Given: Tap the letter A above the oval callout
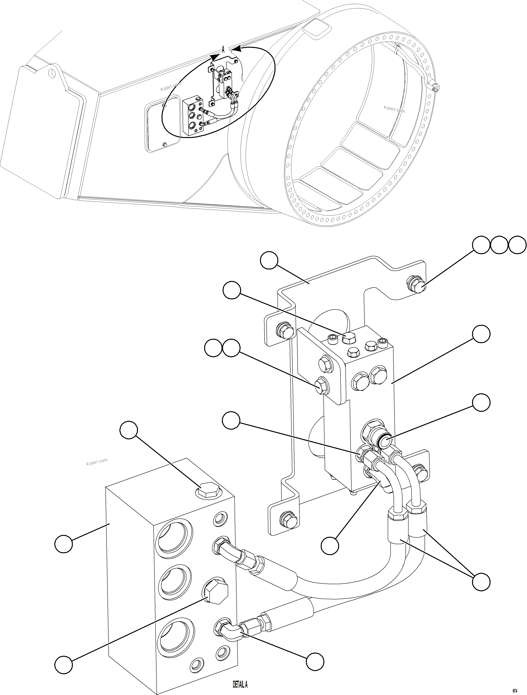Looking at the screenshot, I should (223, 50).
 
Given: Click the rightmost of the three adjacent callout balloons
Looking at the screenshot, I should (517, 245).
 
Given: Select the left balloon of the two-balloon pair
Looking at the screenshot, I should (213, 348).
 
